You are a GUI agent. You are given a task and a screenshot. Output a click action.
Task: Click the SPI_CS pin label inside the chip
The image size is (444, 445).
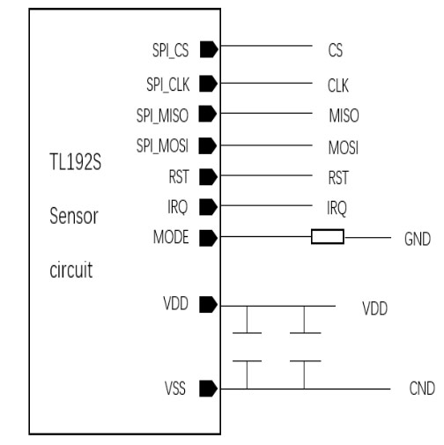pos(170,50)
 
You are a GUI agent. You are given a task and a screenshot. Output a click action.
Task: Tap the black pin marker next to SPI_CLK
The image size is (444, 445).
pos(209,84)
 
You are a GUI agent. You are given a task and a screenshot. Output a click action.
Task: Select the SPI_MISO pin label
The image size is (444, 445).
pos(162,115)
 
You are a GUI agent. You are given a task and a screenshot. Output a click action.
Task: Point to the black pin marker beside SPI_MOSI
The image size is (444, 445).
pos(208,145)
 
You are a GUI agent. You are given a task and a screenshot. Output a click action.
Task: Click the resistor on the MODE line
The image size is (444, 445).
pos(328,237)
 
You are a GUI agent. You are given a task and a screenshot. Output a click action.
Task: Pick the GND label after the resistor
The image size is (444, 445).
pos(418,239)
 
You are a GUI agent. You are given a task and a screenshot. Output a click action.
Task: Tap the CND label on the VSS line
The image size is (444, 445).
pos(422,388)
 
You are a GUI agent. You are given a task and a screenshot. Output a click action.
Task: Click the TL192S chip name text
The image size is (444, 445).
pos(76,162)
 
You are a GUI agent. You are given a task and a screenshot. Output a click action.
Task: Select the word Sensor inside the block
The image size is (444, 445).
pos(74,216)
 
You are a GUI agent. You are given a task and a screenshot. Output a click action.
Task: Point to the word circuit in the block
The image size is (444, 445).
pos(71,270)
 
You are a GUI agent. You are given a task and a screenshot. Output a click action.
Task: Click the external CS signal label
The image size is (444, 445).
pos(336,50)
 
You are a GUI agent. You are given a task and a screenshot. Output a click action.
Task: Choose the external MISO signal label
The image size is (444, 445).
pos(344,115)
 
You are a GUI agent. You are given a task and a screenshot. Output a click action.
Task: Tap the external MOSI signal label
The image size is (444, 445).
pos(344,147)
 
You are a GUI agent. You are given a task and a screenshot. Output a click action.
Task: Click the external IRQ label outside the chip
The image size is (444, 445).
pos(337,208)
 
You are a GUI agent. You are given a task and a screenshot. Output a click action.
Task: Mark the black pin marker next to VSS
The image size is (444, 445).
pos(209,389)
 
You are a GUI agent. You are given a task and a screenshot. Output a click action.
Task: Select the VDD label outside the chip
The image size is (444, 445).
pos(375,308)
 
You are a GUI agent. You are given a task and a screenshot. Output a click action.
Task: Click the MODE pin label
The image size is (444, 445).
pos(171,237)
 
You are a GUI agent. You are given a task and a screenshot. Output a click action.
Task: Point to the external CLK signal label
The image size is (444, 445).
pos(338,85)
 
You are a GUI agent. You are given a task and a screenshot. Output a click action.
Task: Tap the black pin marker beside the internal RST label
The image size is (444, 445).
pos(209,177)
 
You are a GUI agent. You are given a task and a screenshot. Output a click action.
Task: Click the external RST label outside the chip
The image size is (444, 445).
pos(338,178)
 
